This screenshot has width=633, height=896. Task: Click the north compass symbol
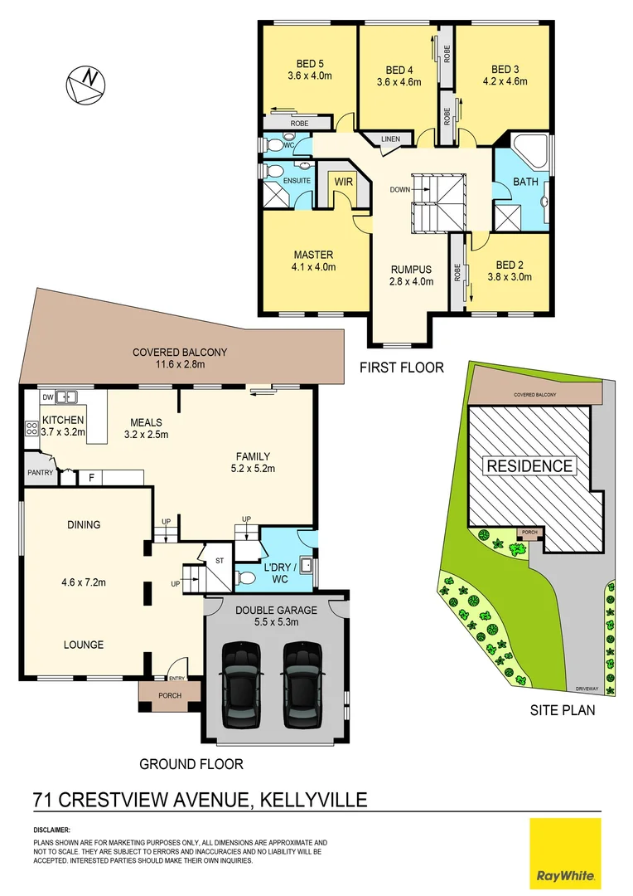click(x=87, y=83)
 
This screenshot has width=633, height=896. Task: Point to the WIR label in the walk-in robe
click(x=342, y=179)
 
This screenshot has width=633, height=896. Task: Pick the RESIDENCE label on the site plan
click(x=529, y=465)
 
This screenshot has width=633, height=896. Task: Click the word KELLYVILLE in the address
click(x=313, y=801)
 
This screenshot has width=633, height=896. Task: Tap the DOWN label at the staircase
click(x=401, y=189)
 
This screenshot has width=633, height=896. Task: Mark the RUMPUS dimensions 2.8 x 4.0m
click(x=411, y=282)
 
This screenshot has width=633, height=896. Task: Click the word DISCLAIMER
click(x=52, y=830)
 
